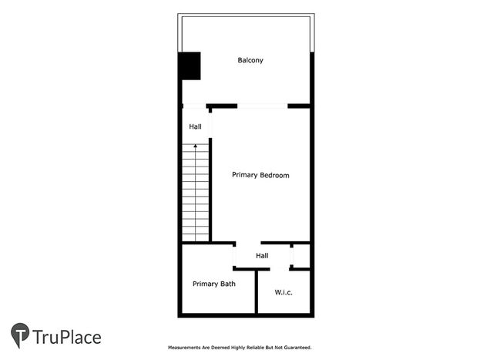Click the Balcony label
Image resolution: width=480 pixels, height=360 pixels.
250,60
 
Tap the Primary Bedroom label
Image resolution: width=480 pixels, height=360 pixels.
260,175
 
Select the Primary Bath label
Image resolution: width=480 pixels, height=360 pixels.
214,284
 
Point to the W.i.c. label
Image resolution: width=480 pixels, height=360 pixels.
284,292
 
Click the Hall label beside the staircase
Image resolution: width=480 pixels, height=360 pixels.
195,126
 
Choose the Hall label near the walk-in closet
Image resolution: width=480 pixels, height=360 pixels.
262,255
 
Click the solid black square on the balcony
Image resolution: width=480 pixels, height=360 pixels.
190,66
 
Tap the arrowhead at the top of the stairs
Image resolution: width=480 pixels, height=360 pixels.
195,146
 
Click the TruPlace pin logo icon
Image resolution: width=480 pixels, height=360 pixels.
20,335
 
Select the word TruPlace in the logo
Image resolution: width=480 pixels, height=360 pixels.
67,338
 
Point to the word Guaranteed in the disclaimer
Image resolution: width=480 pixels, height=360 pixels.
297,348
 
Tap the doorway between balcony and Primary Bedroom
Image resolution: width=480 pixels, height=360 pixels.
263,106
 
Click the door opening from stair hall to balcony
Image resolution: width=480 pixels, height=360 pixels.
194,106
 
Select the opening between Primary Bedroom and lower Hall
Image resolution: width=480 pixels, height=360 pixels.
248,243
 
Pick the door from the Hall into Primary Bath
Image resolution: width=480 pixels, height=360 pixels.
234,257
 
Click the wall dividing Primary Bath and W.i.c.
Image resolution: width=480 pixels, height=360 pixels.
257,291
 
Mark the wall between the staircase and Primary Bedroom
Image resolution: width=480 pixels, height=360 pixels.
210,190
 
